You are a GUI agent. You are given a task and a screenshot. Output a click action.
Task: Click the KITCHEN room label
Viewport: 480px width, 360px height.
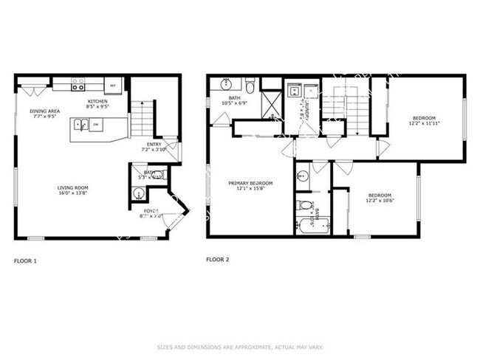pos(97,101)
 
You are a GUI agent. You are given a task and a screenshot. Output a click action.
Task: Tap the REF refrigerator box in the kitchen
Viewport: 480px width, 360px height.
pos(113,86)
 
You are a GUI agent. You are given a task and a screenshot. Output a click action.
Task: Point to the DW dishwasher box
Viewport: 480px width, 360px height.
pos(97,125)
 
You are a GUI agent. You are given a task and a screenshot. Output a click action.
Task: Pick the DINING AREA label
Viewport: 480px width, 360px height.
pos(44,111)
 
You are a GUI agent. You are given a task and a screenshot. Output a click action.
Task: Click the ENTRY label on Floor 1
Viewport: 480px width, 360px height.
pos(154,144)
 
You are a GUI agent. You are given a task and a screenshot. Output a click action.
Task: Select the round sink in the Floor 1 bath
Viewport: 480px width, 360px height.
pos(138,193)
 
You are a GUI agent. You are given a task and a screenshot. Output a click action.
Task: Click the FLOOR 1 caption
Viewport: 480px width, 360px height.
pos(25,260)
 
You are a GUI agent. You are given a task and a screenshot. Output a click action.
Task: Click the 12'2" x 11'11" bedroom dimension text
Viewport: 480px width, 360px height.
pos(424,125)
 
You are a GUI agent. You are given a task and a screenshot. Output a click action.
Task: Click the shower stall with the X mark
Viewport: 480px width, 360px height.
pos(272,103)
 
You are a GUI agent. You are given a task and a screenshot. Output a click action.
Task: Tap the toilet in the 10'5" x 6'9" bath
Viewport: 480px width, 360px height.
pos(251,87)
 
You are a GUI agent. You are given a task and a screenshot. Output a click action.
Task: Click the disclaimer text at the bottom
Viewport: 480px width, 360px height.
pos(240,347)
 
